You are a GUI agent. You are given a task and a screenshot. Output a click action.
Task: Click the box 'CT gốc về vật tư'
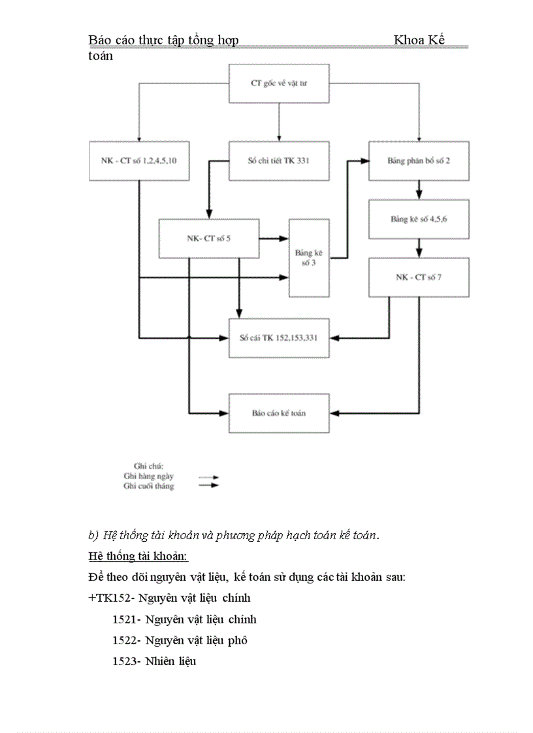tap(279, 84)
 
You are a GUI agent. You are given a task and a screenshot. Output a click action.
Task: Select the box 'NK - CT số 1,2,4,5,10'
tap(139, 161)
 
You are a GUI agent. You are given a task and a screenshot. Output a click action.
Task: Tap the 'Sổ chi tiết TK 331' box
tap(279, 161)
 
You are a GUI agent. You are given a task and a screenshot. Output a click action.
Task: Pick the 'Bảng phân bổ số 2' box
tap(419, 161)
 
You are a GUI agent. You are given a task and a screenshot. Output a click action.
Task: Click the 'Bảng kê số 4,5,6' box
tap(419, 219)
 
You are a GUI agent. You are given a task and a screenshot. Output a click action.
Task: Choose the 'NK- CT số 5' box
tap(208, 238)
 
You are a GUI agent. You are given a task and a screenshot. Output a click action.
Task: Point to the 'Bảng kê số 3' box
tap(309, 258)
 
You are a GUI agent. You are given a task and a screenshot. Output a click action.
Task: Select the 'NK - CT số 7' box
tap(419, 277)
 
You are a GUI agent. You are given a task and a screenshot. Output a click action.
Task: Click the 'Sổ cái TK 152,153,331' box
tap(279, 338)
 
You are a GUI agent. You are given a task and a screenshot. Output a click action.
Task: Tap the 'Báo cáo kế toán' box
tap(279, 413)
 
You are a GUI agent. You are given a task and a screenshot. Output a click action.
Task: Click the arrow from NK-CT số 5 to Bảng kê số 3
tap(274, 238)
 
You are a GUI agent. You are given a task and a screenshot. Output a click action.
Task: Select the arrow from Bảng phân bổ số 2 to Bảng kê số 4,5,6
tap(419, 190)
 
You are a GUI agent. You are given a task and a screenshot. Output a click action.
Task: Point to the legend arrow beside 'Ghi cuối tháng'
tap(208, 486)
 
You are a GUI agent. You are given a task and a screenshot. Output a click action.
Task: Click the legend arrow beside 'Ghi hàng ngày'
tap(208, 477)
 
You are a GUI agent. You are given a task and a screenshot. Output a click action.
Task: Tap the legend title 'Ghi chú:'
tap(148, 466)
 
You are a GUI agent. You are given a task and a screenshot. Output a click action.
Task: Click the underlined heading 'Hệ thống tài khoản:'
tap(138, 557)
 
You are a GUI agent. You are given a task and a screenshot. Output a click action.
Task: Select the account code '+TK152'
tap(109, 598)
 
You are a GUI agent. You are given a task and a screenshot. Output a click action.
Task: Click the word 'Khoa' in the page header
tap(410, 40)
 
